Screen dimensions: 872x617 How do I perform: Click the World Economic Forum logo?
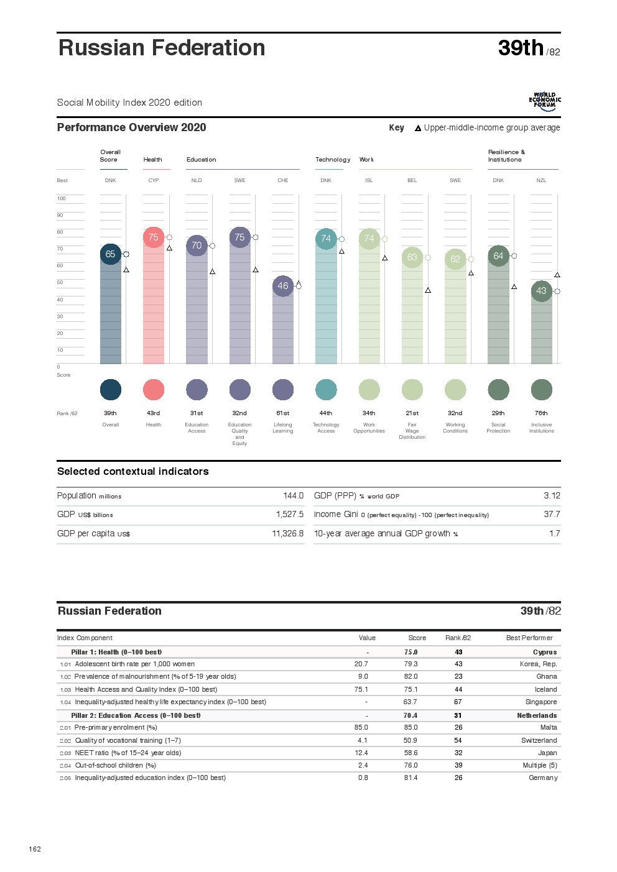[x=545, y=102]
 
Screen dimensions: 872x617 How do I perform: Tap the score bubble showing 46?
[x=283, y=286]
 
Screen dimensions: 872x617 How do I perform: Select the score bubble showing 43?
[x=541, y=291]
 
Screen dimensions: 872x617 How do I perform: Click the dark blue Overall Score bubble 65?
[x=110, y=254]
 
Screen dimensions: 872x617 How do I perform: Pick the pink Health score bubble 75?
[x=154, y=237]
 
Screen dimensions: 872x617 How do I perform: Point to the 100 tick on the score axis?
[x=61, y=199]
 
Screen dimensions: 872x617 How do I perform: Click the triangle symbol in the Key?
[x=418, y=128]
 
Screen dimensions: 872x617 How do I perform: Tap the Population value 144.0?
[x=293, y=496]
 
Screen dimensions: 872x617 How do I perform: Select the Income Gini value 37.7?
[x=552, y=515]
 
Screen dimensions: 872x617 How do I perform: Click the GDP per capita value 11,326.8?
[x=288, y=534]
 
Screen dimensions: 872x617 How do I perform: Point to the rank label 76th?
[x=541, y=413]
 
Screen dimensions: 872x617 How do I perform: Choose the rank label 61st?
[x=283, y=413]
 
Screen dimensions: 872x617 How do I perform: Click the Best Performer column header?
[x=529, y=638]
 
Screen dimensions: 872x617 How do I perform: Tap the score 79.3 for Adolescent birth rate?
[x=411, y=664]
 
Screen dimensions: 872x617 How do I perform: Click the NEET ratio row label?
[x=128, y=753]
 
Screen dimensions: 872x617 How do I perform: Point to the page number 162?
[x=35, y=849]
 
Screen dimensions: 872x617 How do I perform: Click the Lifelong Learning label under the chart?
[x=283, y=428]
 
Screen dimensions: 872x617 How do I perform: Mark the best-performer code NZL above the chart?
[x=541, y=181]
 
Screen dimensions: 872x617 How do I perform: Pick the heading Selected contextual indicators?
[x=132, y=472]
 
